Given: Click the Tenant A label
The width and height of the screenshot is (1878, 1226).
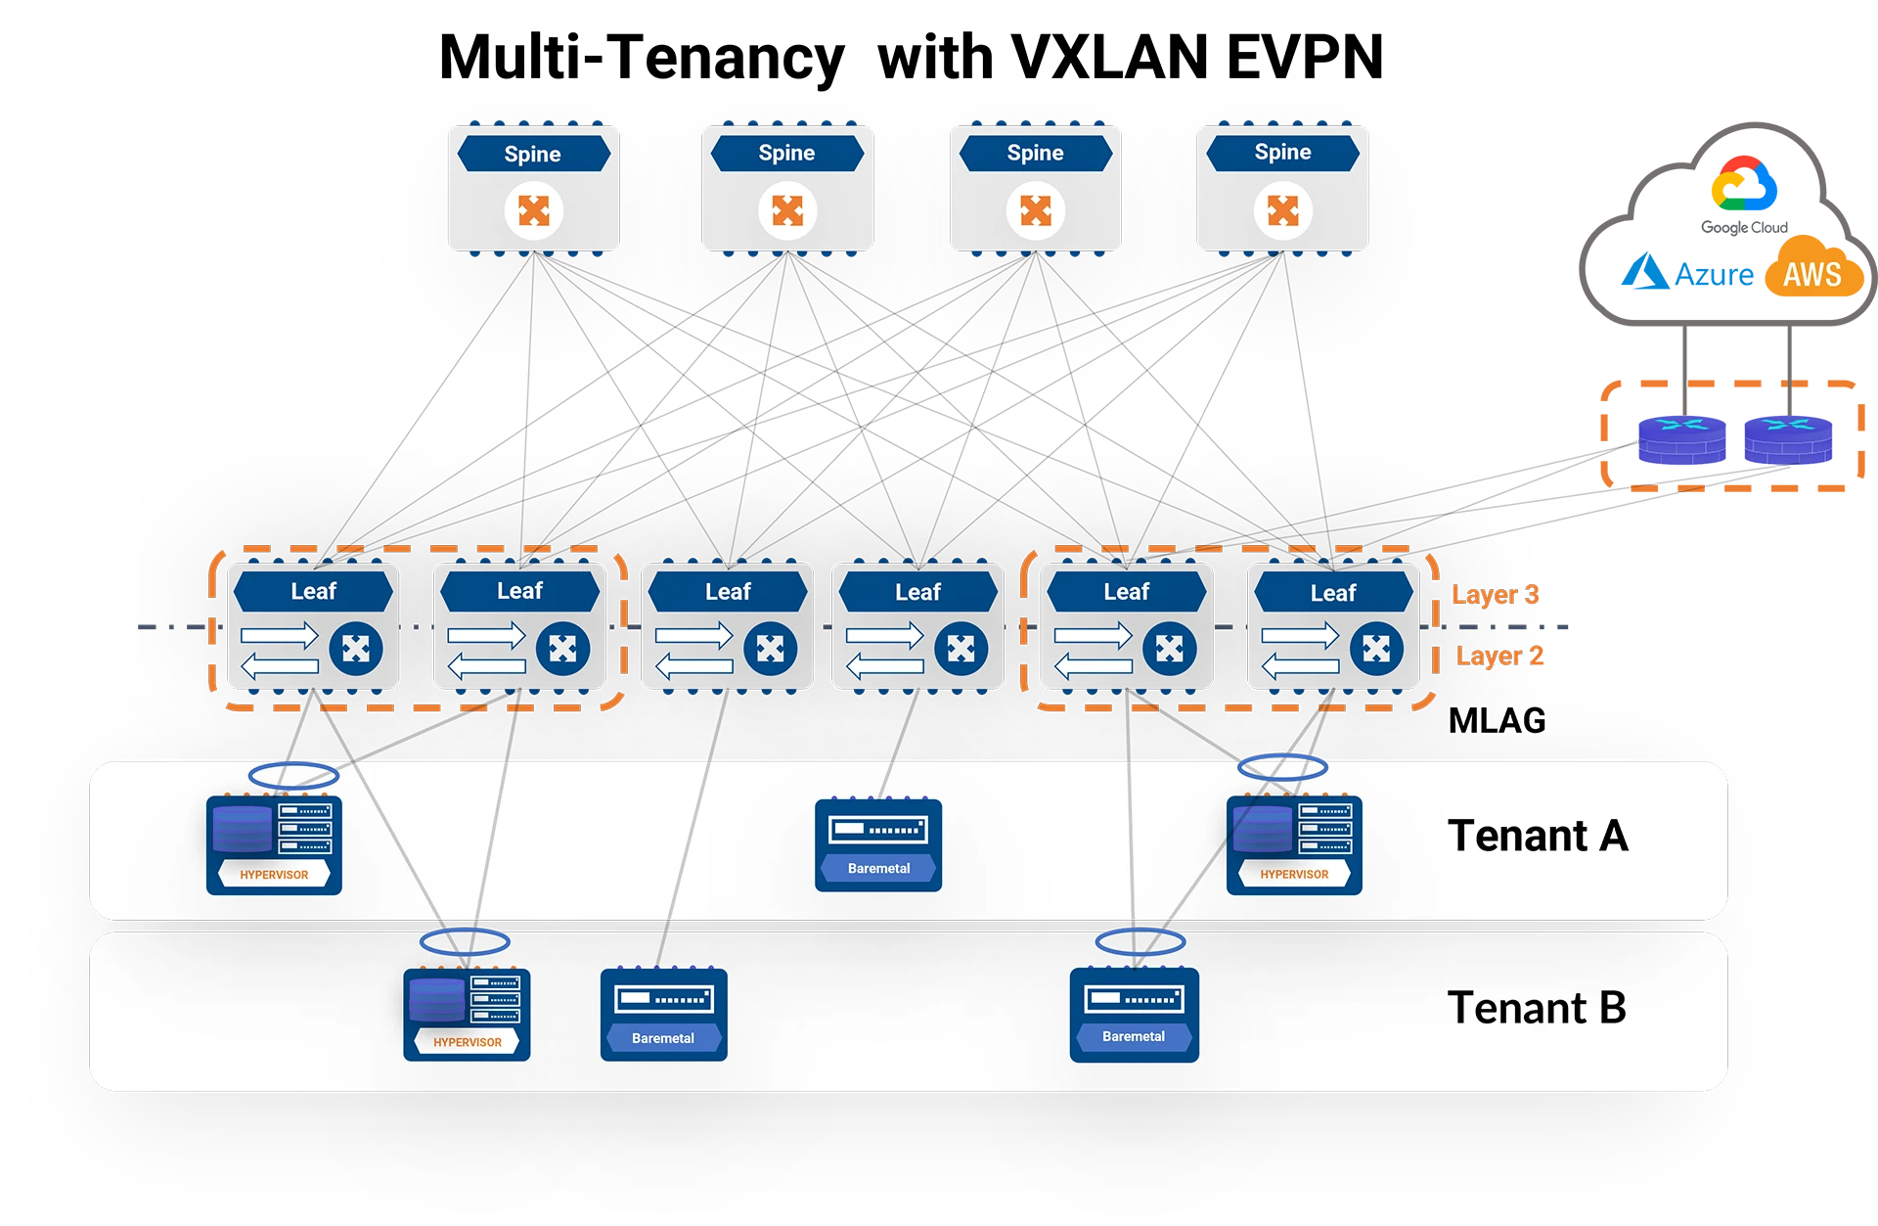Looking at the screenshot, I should click(x=1537, y=837).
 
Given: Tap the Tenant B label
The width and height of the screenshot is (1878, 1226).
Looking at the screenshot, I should click(x=1536, y=1009).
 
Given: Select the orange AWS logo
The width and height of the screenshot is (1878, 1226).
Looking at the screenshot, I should click(x=1812, y=273).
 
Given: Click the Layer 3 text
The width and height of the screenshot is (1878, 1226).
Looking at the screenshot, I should click(x=1495, y=594).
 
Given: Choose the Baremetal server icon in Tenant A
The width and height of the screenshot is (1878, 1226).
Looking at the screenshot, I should click(x=878, y=843).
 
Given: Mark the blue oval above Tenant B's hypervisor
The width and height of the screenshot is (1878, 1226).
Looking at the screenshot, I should click(x=465, y=941).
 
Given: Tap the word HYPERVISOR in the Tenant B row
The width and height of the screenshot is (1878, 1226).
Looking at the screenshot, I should click(x=468, y=1042).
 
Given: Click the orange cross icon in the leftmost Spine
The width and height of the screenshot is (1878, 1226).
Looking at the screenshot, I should click(x=533, y=210).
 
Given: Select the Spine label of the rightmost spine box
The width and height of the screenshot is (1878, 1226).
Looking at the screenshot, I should click(x=1282, y=153).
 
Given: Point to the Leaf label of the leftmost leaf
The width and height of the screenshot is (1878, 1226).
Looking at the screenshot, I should click(x=313, y=591).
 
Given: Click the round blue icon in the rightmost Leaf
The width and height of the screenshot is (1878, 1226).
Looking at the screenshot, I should click(x=1376, y=649).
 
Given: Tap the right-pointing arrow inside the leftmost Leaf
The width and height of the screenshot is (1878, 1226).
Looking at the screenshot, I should click(x=280, y=635).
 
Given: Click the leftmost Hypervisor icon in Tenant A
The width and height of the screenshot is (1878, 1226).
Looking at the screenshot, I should click(x=274, y=843).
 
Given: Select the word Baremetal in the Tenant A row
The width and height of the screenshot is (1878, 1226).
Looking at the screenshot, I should click(x=878, y=868).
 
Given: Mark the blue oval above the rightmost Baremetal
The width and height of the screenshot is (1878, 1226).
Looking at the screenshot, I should click(x=1140, y=942).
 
